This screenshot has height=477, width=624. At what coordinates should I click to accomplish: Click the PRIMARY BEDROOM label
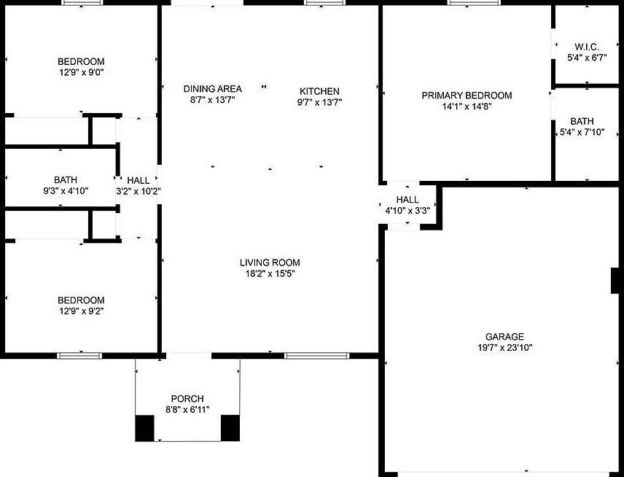[x=467, y=96]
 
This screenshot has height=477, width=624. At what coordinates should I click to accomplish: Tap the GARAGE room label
[x=504, y=336]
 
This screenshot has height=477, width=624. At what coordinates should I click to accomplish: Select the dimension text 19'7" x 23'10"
[x=504, y=348]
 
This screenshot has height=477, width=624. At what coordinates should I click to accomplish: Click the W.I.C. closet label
[x=587, y=47]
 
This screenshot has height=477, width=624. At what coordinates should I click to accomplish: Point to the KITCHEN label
[x=319, y=91]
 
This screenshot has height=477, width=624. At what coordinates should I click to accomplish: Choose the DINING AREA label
[x=212, y=88]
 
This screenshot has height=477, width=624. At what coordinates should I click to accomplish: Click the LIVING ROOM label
[x=270, y=263]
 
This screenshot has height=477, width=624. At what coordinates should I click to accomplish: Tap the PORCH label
[x=187, y=398]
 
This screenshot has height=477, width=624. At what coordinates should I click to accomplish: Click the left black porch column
[x=145, y=427]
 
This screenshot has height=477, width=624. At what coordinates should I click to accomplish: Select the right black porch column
[x=230, y=427]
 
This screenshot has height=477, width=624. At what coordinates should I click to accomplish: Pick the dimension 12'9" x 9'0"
[x=81, y=73]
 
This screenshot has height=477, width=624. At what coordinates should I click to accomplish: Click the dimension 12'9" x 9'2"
[x=81, y=311]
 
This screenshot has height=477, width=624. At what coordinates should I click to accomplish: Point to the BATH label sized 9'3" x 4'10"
[x=65, y=179]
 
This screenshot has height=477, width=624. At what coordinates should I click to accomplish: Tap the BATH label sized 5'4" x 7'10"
[x=582, y=121]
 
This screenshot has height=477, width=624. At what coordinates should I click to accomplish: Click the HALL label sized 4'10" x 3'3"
[x=407, y=199]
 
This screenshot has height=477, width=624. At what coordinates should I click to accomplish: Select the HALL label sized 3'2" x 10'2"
[x=138, y=180]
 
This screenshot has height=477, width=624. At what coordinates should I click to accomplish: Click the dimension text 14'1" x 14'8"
[x=467, y=107]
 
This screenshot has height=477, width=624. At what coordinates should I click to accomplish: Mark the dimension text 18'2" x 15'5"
[x=270, y=274]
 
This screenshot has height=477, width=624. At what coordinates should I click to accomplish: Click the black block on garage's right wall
[x=615, y=281]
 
